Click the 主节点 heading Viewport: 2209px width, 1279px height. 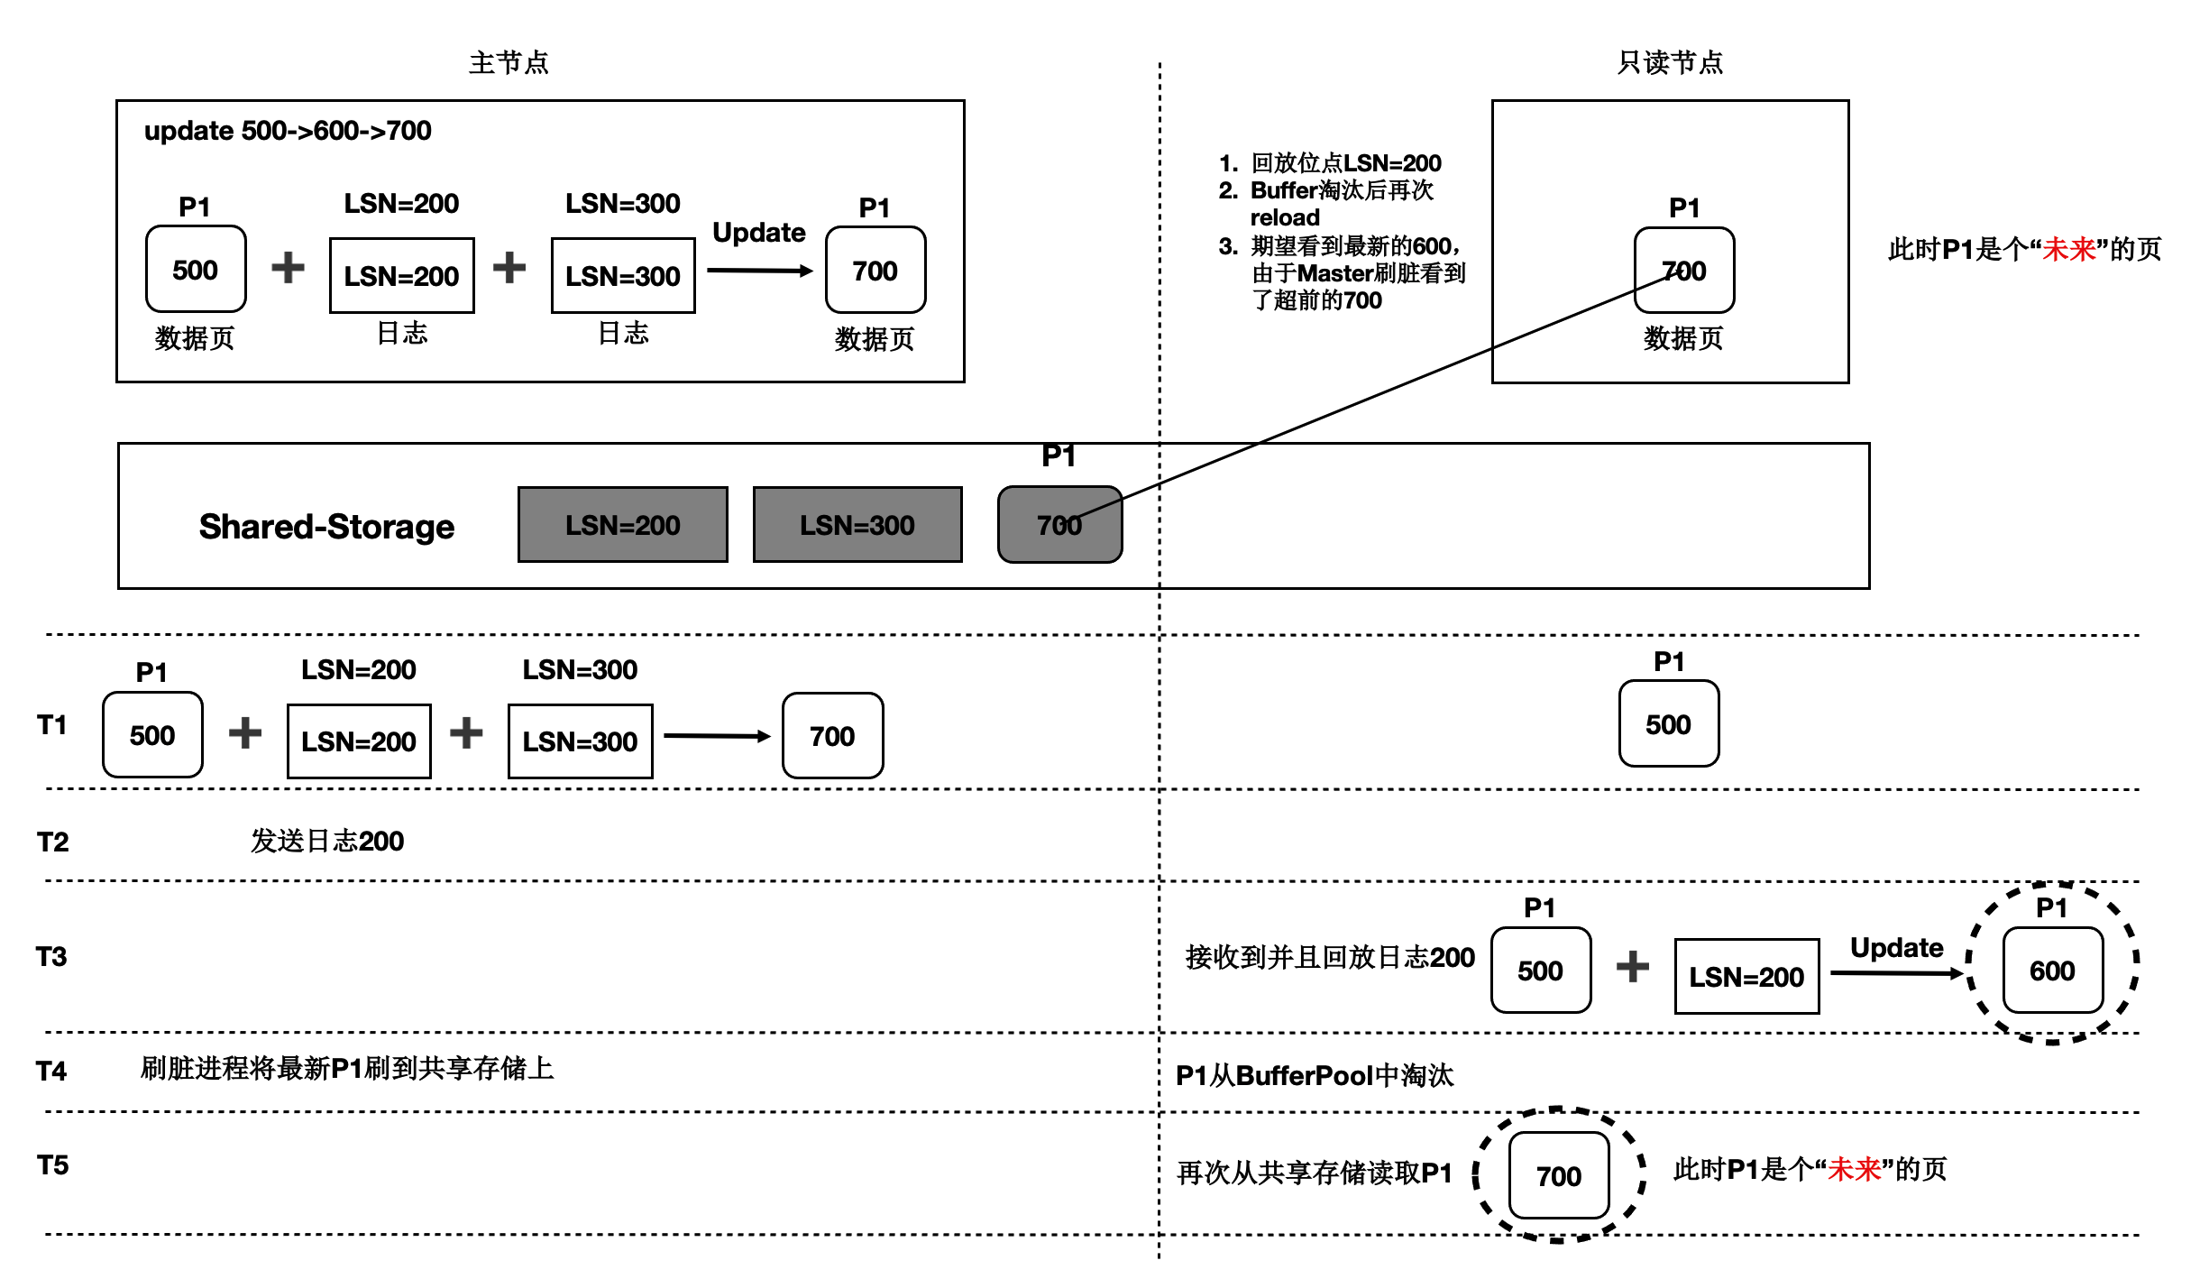[x=509, y=62]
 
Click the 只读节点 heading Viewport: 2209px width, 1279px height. [x=1670, y=62]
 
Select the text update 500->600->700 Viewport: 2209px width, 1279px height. [x=288, y=131]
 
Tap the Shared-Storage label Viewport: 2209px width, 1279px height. [x=326, y=526]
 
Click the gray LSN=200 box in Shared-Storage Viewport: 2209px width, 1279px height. [x=622, y=525]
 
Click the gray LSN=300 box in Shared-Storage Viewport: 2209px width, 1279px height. [x=857, y=525]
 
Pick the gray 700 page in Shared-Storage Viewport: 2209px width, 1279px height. [x=1059, y=525]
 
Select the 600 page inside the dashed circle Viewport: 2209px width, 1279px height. [x=2052, y=971]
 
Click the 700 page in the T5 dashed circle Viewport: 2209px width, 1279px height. [x=1559, y=1175]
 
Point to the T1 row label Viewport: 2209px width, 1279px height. [x=52, y=724]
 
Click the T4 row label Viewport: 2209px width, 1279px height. [x=51, y=1071]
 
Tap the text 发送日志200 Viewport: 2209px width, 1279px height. [x=326, y=841]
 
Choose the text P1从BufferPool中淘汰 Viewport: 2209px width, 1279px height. [x=1315, y=1075]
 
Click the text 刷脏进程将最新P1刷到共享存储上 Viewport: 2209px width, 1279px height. [x=347, y=1069]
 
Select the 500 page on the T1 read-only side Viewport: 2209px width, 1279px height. [x=1668, y=724]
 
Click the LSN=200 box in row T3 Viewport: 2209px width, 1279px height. [x=1746, y=977]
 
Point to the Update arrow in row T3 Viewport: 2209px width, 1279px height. [x=1896, y=972]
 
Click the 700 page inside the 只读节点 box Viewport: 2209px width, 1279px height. [x=1683, y=271]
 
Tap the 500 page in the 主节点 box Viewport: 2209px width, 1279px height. [x=195, y=270]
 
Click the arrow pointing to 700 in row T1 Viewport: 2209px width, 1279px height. [x=717, y=736]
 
